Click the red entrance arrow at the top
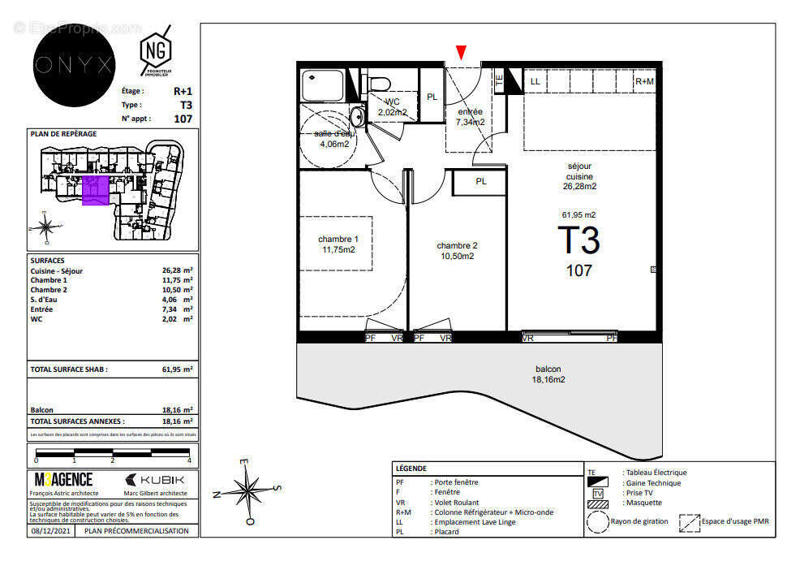pos(461,53)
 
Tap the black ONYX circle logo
pos(75,66)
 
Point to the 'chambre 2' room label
pos(457,250)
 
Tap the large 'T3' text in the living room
pos(578,241)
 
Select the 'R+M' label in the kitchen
pos(644,81)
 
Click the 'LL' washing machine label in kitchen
pos(535,81)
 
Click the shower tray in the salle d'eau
pos(323,84)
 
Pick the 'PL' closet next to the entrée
pos(432,97)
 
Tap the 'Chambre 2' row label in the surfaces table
pos(49,290)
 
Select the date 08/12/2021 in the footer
pos(51,530)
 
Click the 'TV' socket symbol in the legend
pos(598,493)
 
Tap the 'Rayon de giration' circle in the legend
pos(598,521)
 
